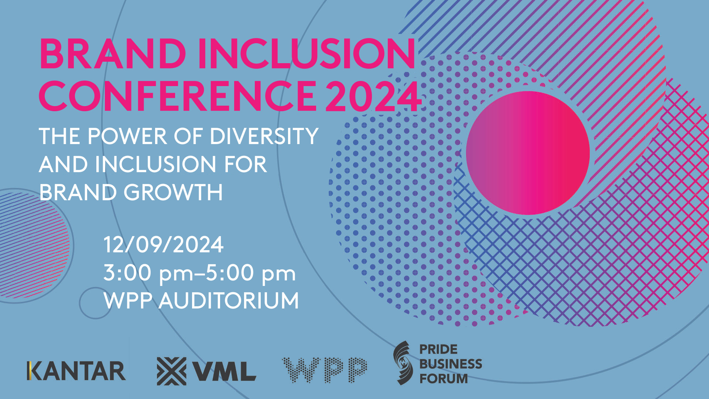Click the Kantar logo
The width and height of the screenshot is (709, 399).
(76, 371)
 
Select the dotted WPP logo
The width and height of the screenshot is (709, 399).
(325, 370)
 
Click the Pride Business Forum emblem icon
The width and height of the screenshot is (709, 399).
(402, 363)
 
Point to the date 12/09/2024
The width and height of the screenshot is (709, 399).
(164, 245)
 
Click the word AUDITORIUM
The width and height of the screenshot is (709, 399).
(229, 300)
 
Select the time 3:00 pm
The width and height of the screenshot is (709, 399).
(148, 273)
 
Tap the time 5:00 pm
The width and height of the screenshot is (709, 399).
(251, 273)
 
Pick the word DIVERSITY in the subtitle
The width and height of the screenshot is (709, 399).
(264, 136)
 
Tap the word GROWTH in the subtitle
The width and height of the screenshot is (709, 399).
(173, 192)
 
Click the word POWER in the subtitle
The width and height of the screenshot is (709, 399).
(127, 136)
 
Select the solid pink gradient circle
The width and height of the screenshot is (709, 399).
(528, 153)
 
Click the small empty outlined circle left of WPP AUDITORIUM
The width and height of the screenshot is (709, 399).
(95, 303)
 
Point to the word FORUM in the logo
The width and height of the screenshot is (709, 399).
(444, 379)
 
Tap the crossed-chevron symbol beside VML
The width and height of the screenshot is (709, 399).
(172, 371)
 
